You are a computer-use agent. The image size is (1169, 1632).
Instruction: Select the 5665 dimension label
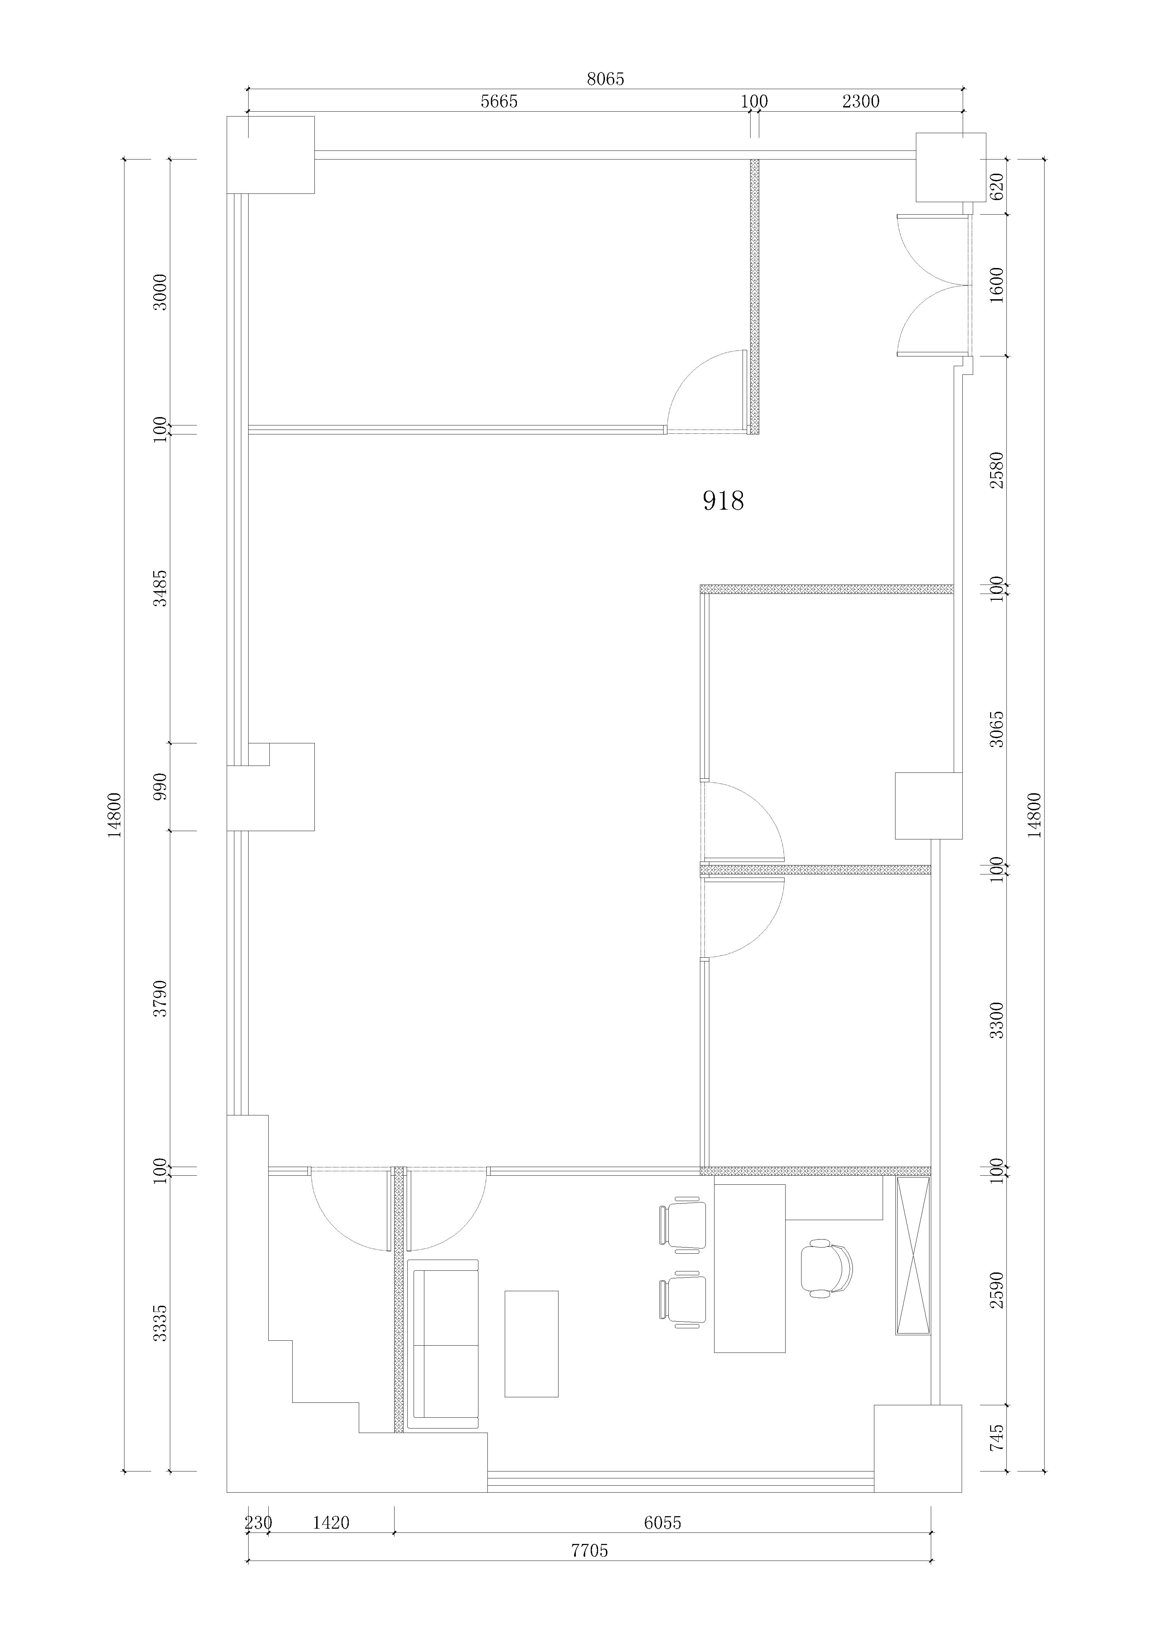point(499,102)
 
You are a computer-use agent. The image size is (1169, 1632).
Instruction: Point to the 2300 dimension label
point(860,102)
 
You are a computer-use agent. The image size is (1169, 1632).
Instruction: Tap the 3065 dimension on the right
point(996,728)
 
